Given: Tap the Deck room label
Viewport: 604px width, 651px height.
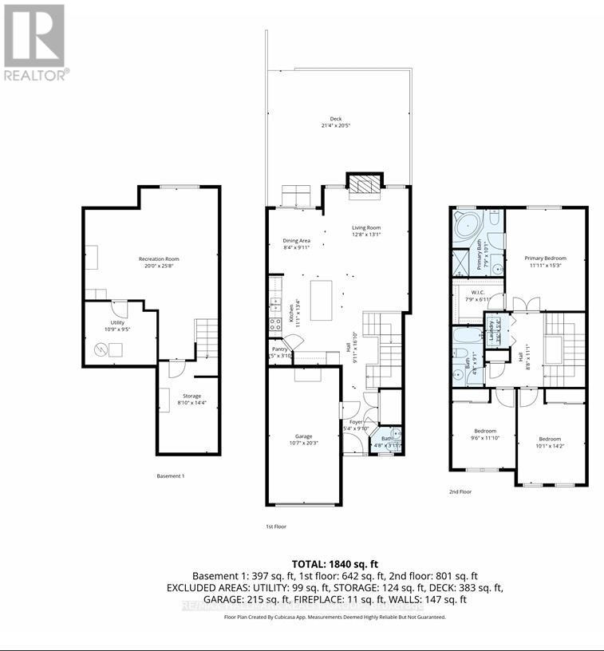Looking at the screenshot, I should (336, 122).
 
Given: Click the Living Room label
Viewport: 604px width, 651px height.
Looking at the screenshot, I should (367, 231).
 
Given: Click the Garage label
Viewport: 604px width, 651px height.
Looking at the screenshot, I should (303, 438).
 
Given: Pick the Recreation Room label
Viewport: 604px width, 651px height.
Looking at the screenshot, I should (159, 262).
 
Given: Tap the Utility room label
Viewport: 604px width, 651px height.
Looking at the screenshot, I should (107, 323).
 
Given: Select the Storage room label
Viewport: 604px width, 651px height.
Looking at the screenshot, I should (191, 399).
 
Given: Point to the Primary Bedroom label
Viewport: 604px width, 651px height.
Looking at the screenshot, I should (545, 261).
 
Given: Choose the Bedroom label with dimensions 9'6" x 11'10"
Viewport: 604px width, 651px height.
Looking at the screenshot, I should (485, 434).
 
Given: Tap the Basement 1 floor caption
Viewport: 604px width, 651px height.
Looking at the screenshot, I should (171, 477).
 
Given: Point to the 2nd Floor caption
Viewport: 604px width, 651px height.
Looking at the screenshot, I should (460, 492).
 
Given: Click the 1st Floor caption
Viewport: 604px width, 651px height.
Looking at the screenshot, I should (276, 527).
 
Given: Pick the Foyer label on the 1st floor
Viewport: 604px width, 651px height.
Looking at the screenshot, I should (356, 424).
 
